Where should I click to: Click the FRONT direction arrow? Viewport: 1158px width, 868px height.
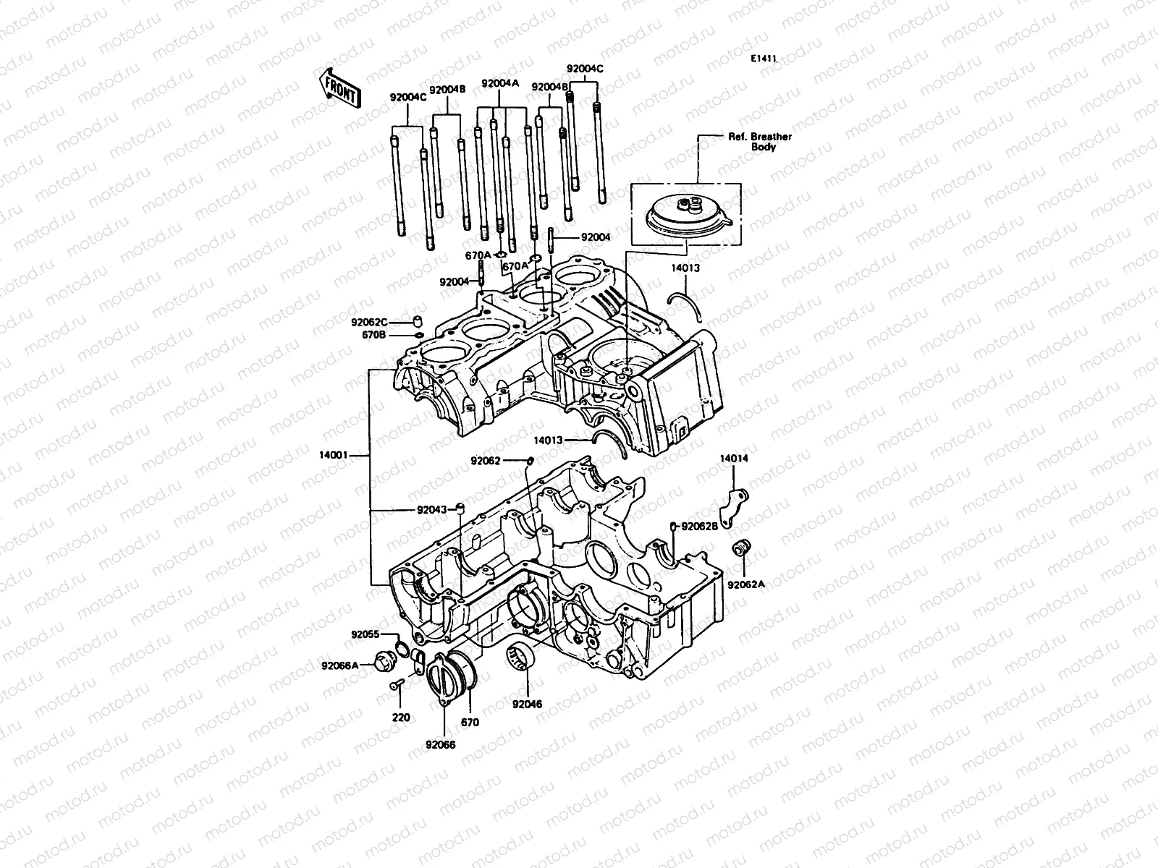337,88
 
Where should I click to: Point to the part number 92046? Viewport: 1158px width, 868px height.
527,704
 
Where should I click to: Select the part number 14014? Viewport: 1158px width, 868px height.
734,459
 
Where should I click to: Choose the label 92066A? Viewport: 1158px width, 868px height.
340,665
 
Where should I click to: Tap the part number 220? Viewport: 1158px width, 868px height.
400,718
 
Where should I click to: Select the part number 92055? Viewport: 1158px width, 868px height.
365,634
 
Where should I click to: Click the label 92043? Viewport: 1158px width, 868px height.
431,509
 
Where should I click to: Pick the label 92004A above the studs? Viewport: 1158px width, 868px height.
500,83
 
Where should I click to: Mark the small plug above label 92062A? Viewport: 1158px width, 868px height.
741,548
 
